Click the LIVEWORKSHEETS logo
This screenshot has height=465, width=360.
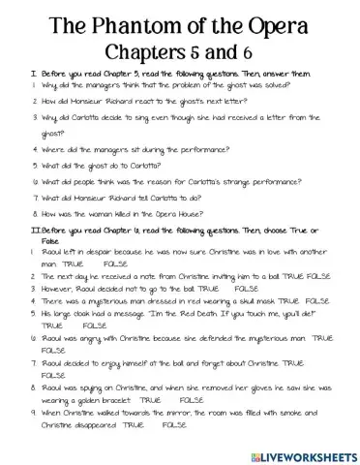coord(297,450)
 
